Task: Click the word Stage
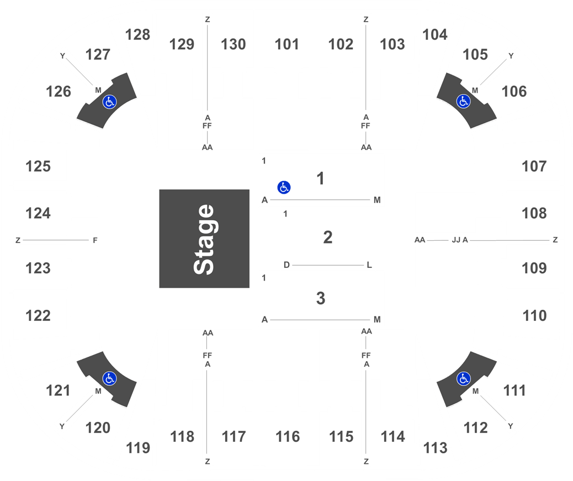tap(204, 239)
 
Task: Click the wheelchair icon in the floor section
tap(284, 187)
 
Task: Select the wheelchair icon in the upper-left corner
tap(109, 102)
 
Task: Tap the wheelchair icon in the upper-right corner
tap(463, 101)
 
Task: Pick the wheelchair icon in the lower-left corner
tap(109, 378)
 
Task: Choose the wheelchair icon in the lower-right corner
tap(463, 378)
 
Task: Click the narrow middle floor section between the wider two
tap(327, 239)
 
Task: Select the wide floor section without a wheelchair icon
tap(321, 298)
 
